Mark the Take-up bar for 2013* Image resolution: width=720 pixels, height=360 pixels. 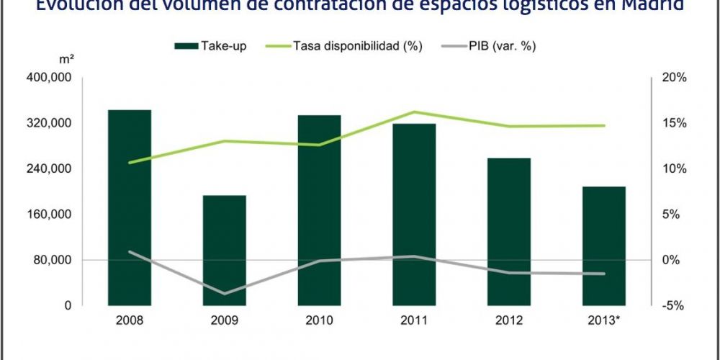point(604,246)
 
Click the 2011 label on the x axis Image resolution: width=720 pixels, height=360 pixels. point(414,320)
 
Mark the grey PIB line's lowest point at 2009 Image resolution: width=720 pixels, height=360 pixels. point(225,293)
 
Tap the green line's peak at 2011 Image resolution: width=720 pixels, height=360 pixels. point(414,112)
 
